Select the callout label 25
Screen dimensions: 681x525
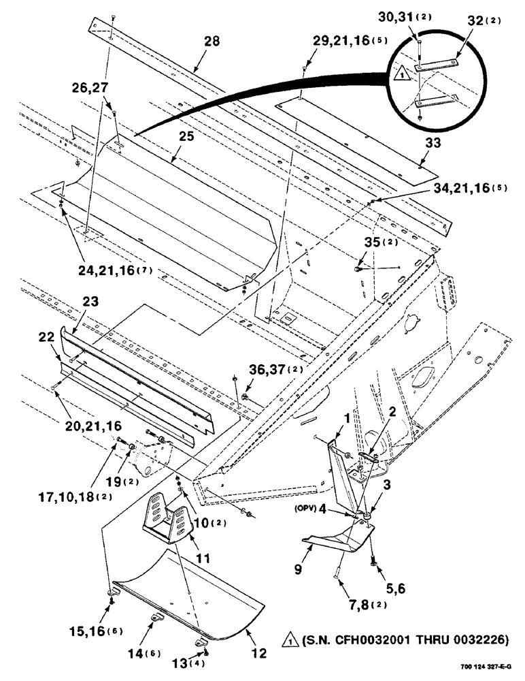[x=186, y=136]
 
